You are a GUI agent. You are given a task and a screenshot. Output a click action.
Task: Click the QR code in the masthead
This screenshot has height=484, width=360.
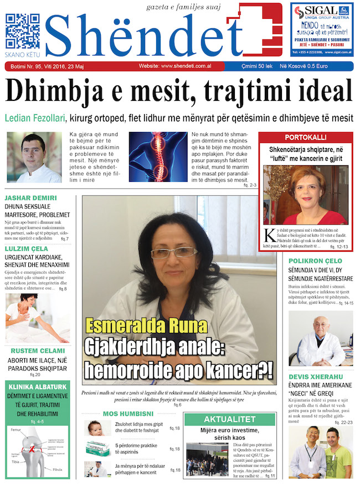pyautogui.click(x=22, y=31)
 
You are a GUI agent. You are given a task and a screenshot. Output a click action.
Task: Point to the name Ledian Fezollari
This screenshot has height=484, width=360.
pyautogui.click(x=35, y=118)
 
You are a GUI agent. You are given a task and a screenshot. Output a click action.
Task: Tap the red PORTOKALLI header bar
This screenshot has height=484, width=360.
pyautogui.click(x=305, y=137)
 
